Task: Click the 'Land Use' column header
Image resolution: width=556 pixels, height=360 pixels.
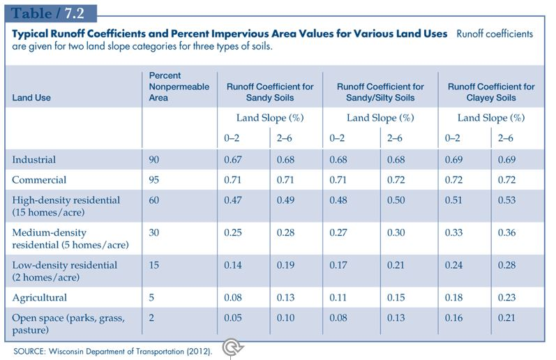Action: pos(31,98)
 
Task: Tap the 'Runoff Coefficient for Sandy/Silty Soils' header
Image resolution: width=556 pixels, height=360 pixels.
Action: pos(375,92)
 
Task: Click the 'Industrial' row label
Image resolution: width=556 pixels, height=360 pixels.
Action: pos(33,160)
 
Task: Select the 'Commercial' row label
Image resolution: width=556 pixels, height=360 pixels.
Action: pos(38,180)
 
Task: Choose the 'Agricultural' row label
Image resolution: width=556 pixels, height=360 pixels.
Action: pos(40,297)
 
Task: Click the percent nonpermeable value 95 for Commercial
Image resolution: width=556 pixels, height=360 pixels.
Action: pos(154,180)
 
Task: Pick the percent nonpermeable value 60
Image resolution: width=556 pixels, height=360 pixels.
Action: pos(154,200)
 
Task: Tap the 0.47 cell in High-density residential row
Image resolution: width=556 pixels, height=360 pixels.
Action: pos(232,200)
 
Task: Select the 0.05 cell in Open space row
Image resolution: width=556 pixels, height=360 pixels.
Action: pos(232,317)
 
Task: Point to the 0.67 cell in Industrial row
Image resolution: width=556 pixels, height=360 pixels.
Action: pos(232,160)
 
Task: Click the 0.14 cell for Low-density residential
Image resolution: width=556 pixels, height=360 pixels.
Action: pos(232,265)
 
